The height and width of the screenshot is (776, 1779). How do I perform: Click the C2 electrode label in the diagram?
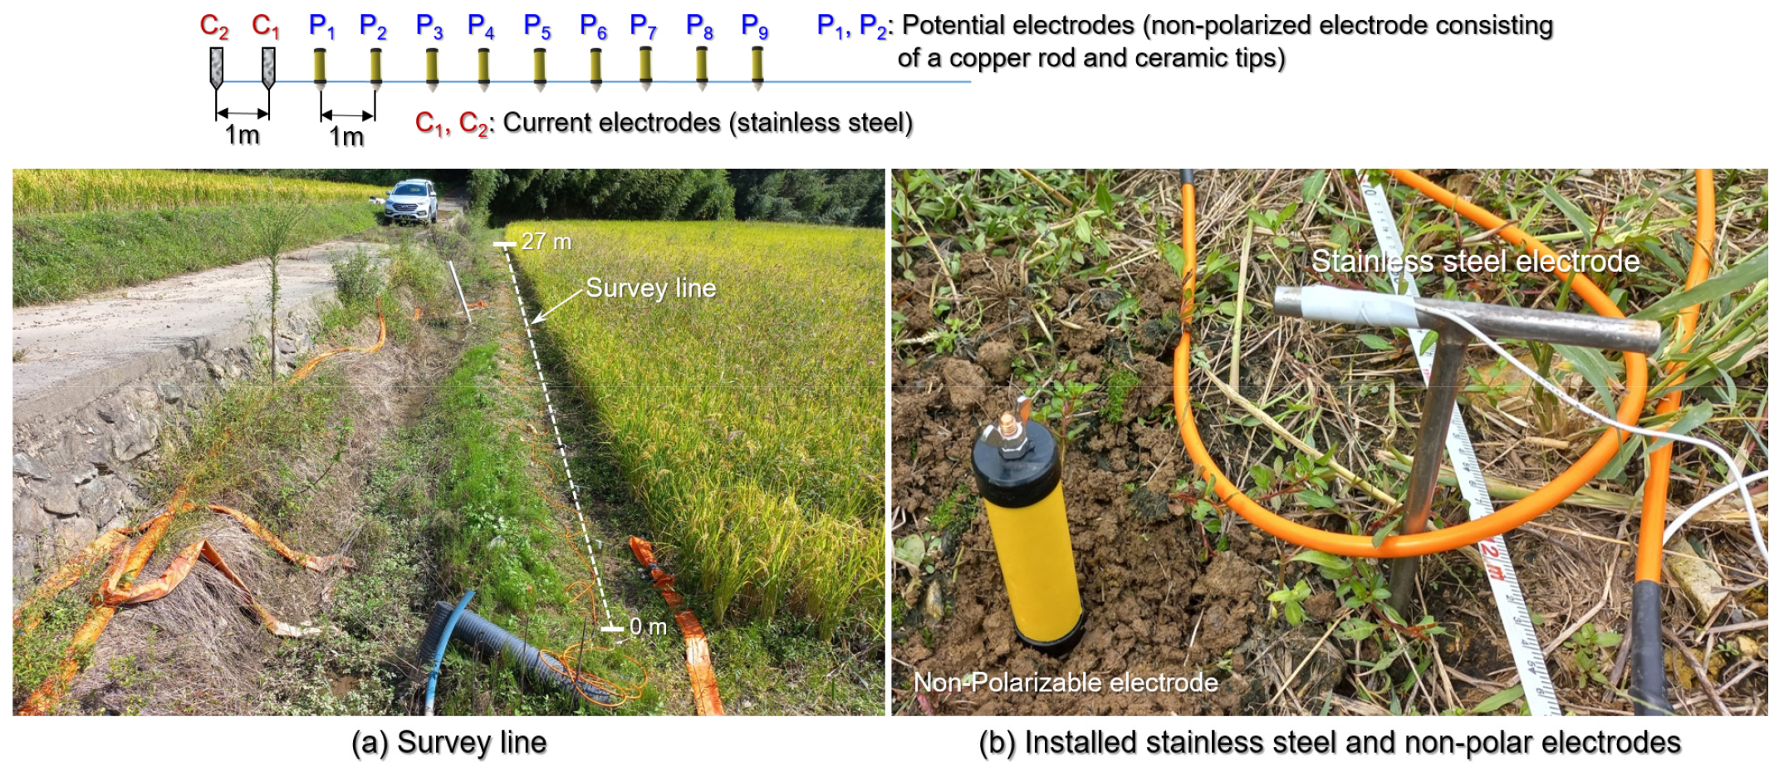point(214,27)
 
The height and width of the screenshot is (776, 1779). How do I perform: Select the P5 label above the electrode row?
point(537,27)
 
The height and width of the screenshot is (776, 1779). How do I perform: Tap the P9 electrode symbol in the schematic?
point(757,68)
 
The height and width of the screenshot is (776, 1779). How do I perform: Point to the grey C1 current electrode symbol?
point(268,68)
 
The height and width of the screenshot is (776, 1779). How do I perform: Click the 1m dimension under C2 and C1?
point(243,134)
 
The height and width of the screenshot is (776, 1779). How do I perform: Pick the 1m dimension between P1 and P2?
point(346,136)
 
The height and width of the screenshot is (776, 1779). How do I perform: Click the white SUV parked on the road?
point(410,201)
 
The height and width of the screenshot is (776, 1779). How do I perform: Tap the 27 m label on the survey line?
point(546,242)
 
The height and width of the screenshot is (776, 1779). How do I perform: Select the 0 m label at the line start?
point(648,626)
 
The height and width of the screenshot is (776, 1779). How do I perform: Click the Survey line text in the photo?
point(651,287)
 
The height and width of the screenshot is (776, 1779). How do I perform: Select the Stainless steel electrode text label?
point(1476,261)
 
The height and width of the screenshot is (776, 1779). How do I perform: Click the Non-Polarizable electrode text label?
point(1066,682)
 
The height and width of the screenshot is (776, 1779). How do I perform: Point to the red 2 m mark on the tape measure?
point(1492,562)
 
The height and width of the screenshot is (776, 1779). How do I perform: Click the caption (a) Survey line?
point(448,743)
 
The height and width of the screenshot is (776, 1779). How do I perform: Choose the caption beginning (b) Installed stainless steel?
point(1330,743)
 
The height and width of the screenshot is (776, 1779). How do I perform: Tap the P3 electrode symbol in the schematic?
point(432,68)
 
